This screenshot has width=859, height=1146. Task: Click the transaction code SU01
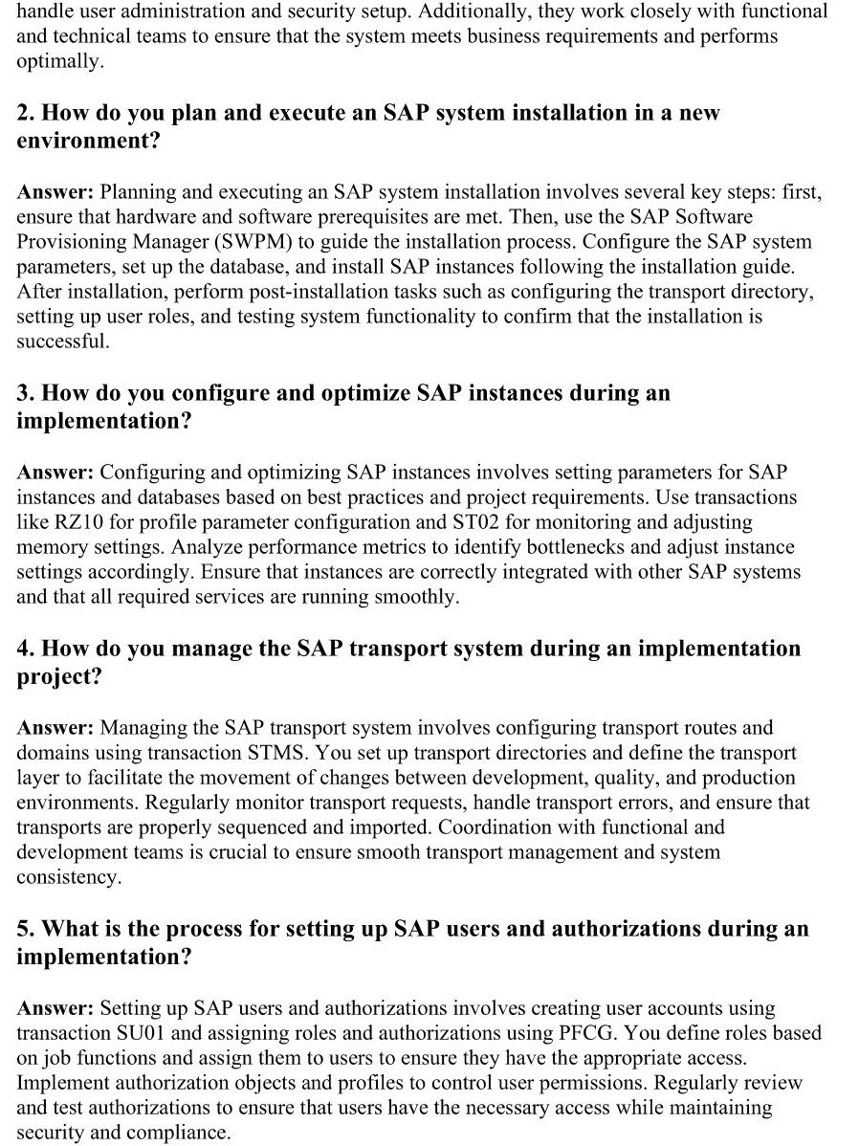point(139,1033)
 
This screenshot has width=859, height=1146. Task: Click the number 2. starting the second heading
point(26,113)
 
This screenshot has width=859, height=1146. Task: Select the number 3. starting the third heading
point(26,393)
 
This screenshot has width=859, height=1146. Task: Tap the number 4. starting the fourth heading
point(26,649)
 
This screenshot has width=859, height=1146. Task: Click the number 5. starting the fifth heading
point(26,929)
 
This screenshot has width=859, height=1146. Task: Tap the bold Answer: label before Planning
point(55,192)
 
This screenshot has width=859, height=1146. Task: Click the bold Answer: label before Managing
point(55,728)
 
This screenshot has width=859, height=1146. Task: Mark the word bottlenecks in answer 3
point(604,547)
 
